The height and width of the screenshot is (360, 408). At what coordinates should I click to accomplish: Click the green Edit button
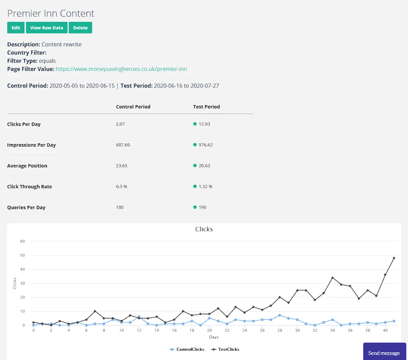[16, 28]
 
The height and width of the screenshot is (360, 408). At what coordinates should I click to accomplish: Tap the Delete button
[80, 28]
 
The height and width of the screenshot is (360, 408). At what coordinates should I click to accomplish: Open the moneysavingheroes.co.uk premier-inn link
[121, 69]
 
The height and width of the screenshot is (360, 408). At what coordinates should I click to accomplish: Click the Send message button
[384, 352]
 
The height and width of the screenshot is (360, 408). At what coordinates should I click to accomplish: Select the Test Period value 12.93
[204, 124]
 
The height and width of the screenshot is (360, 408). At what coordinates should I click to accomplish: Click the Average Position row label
[27, 166]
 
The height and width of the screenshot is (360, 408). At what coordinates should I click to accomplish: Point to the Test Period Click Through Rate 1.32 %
[205, 186]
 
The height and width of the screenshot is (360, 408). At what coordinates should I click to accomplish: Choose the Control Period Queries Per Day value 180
[120, 207]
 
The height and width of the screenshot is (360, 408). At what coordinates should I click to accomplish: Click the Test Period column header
[206, 107]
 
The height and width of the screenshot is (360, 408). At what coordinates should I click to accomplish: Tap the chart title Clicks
[204, 229]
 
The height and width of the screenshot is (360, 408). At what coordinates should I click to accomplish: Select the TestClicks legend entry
[228, 349]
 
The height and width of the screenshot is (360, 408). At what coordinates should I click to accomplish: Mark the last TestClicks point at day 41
[394, 258]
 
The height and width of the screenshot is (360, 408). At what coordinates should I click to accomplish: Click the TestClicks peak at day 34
[332, 278]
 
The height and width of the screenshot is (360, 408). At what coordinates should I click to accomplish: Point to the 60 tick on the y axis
[22, 241]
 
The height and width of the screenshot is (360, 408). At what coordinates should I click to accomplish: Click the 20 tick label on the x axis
[209, 331]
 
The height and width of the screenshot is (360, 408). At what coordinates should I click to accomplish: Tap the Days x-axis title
[214, 337]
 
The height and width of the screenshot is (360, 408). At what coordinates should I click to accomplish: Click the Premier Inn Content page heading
[51, 13]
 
